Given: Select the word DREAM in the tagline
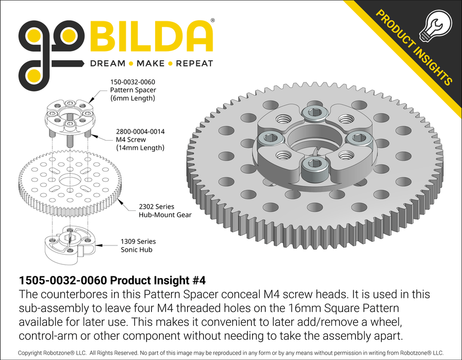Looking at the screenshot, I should [108, 63].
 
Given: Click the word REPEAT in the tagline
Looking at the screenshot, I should [194, 63].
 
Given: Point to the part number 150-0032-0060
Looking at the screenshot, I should [133, 82].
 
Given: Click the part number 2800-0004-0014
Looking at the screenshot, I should [141, 131].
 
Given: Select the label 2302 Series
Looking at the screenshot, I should [157, 206].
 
